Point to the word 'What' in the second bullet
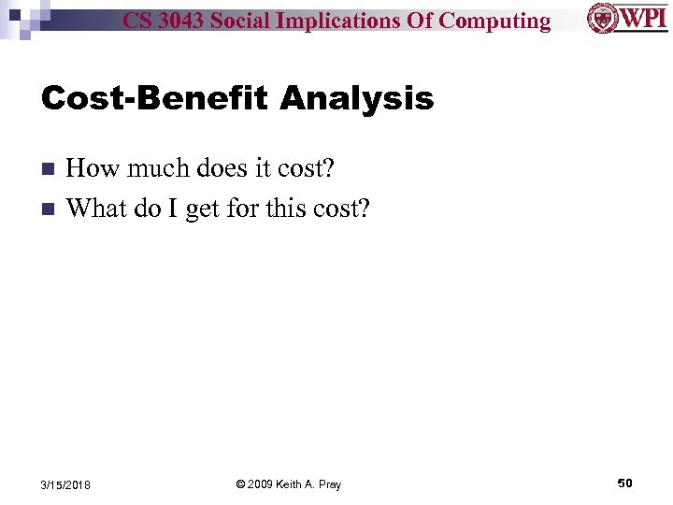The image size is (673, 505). (96, 208)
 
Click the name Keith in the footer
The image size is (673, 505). (295, 484)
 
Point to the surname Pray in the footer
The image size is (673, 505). (329, 484)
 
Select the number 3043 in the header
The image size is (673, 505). (185, 21)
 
